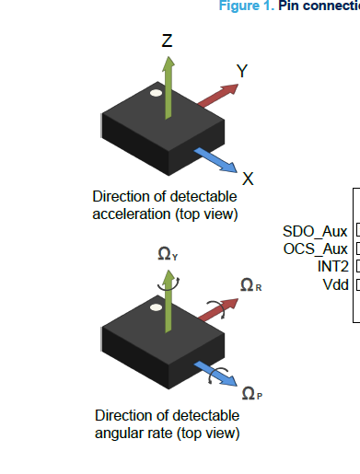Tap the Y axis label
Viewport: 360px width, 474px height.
point(241,71)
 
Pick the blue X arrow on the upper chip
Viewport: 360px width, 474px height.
point(216,156)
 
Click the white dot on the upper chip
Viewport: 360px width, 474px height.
point(157,93)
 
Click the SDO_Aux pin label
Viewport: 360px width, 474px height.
point(314,231)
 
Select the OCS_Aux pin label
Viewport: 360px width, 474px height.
point(314,249)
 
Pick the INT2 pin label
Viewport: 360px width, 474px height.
point(331,266)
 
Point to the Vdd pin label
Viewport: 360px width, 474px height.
point(334,283)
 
